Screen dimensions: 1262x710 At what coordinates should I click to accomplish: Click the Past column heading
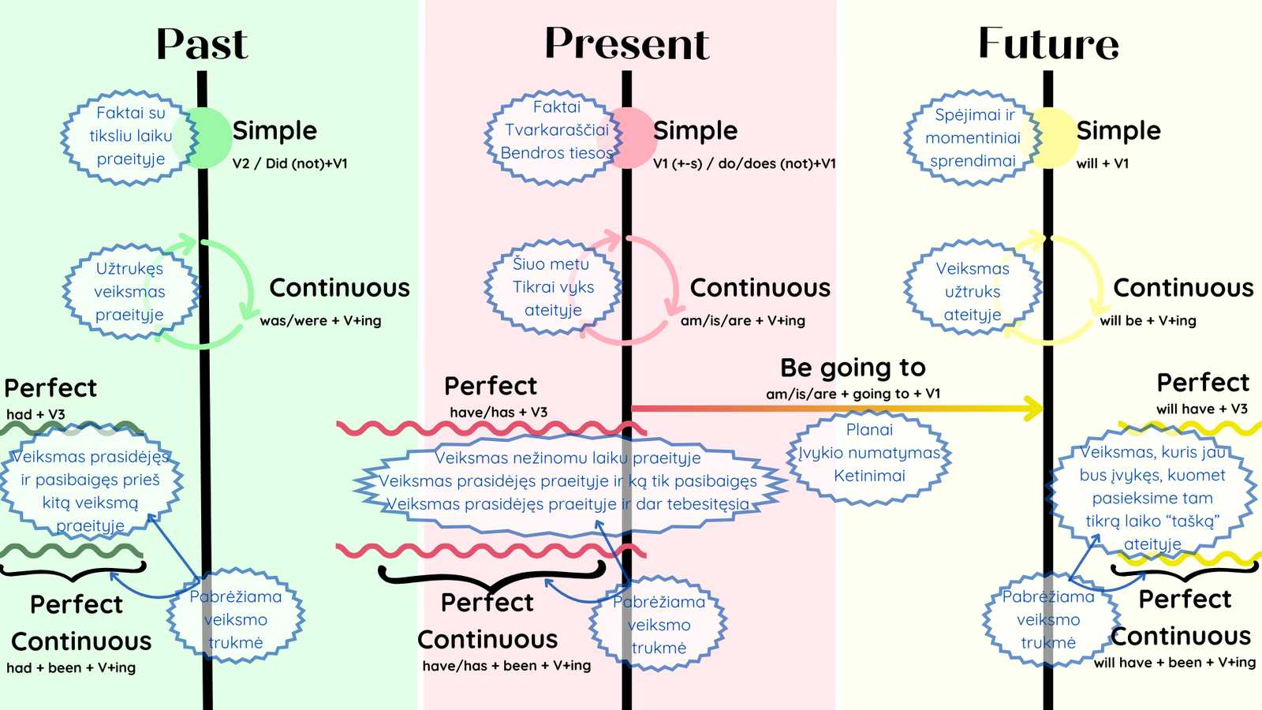click(202, 44)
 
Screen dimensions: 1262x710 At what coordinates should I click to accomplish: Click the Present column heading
click(626, 43)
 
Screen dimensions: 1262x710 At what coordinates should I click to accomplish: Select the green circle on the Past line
click(203, 138)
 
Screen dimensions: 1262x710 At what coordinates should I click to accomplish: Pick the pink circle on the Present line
click(626, 138)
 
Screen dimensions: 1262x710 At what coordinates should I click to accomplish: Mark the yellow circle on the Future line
click(1049, 138)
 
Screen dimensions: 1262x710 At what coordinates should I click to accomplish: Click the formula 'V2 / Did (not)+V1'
click(290, 164)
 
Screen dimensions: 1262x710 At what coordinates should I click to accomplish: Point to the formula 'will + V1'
click(1103, 164)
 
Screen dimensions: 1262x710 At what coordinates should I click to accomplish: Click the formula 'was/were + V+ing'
click(320, 320)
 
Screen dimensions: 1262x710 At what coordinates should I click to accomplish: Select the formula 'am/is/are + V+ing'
click(742, 320)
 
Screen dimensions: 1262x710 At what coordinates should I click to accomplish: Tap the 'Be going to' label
click(853, 368)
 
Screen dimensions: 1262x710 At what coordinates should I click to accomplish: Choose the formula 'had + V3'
click(36, 415)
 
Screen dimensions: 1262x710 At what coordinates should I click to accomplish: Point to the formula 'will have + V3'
click(1202, 409)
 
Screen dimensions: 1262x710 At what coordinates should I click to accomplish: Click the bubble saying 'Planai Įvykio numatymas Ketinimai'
click(869, 457)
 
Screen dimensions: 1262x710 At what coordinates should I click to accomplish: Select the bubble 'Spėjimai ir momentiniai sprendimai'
click(973, 138)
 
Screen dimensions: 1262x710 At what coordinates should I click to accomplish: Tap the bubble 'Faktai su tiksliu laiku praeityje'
click(130, 137)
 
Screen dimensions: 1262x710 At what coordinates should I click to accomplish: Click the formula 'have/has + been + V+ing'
click(506, 666)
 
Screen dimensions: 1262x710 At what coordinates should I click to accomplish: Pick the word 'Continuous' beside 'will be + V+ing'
click(1183, 288)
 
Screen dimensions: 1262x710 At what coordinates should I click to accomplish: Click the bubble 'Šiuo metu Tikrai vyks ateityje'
click(553, 287)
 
